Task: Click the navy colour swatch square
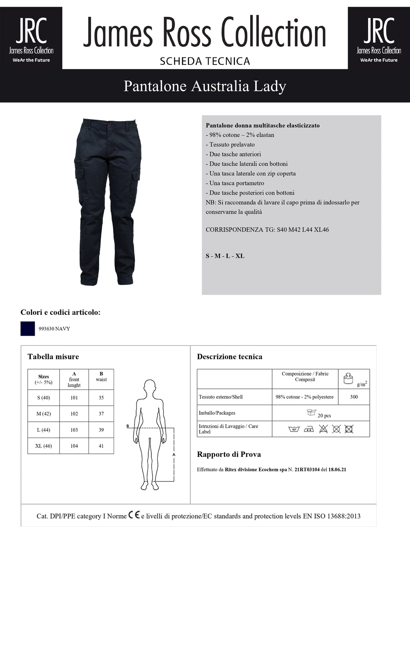27,329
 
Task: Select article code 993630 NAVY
54,329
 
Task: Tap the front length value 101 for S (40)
74,398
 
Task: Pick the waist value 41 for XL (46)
101,446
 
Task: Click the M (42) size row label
43,414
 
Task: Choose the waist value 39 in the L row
101,430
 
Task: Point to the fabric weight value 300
354,397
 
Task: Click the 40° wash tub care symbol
294,429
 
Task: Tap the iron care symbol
309,429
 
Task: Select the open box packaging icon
312,413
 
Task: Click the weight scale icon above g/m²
348,378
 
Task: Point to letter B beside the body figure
128,426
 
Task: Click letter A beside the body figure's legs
174,455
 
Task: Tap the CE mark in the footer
134,515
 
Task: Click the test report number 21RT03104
307,470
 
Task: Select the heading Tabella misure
53,357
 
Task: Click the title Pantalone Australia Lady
205,86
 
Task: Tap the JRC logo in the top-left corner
31,38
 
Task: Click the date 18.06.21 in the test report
337,470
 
